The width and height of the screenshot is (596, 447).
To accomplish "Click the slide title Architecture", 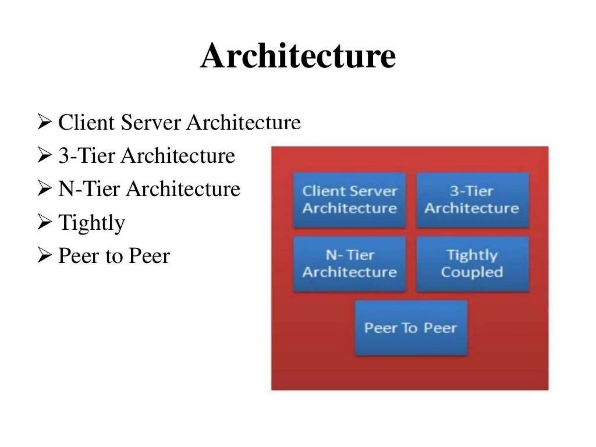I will (x=298, y=56).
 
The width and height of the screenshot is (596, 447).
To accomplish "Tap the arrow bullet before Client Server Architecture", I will (x=45, y=122).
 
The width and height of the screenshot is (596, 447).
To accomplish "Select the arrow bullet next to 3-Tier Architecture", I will (x=45, y=155).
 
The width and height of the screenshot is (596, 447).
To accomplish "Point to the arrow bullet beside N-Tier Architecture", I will (x=45, y=189).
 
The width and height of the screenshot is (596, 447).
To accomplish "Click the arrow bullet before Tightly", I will (x=45, y=222).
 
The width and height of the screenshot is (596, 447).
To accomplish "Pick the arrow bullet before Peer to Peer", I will (x=45, y=256).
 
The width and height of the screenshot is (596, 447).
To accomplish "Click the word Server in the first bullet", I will (x=151, y=123).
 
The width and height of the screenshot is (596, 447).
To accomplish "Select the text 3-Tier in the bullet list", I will (x=87, y=156).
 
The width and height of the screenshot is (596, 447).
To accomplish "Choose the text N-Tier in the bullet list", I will (x=89, y=189).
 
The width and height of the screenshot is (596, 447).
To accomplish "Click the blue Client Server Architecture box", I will (x=350, y=200).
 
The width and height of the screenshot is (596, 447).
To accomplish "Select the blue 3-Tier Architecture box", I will (x=472, y=200).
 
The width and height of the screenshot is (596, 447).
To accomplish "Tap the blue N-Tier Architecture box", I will (x=350, y=264).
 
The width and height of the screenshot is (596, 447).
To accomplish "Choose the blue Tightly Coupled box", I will (x=472, y=264).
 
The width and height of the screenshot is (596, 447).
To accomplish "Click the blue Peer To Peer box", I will (x=411, y=328).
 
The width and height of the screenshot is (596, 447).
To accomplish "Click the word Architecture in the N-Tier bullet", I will (x=183, y=189).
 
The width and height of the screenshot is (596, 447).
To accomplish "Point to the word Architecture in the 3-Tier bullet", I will (x=178, y=156).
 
